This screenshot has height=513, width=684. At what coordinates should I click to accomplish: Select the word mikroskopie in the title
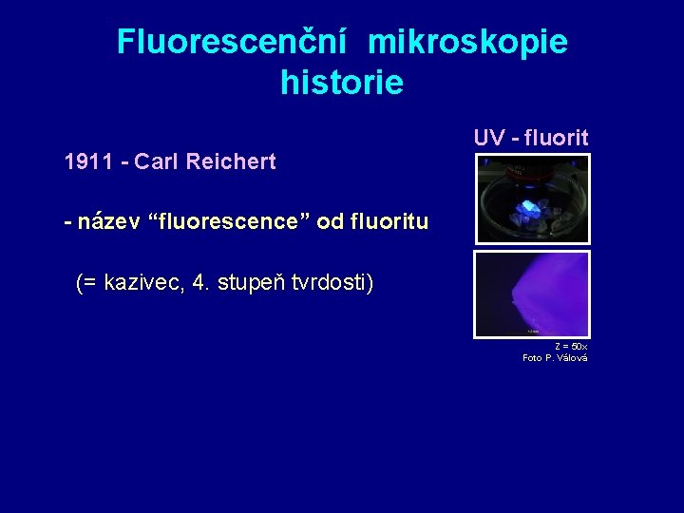(x=467, y=42)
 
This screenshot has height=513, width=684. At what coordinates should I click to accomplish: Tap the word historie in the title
(x=342, y=83)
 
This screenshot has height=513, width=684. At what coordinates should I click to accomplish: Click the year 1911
(x=87, y=161)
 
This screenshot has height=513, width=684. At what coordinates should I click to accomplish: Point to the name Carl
(x=158, y=161)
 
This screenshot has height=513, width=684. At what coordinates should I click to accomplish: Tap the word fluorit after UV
(x=556, y=138)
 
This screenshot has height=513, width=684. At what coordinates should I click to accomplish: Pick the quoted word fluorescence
(x=228, y=222)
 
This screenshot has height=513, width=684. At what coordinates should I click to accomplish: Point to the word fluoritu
(x=387, y=222)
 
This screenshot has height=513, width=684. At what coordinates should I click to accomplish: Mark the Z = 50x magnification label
(x=571, y=346)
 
